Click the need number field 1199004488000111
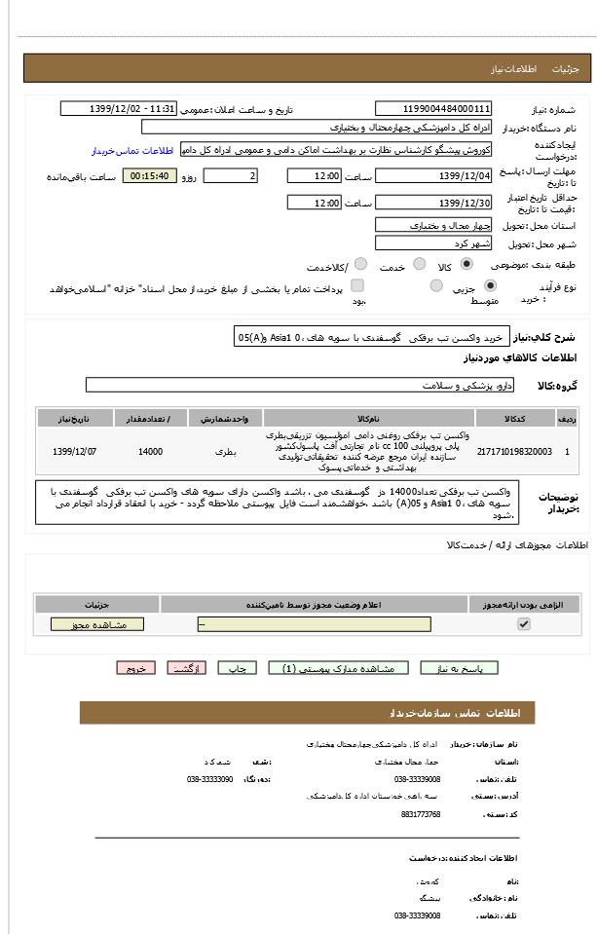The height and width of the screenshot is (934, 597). [433, 109]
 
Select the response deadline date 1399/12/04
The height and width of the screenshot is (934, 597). [433, 176]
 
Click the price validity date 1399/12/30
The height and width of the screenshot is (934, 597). [433, 203]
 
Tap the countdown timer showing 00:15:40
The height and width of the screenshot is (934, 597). [149, 176]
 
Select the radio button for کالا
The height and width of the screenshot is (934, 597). [466, 264]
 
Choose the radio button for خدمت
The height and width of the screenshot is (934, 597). [420, 264]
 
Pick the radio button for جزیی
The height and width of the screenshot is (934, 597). [489, 285]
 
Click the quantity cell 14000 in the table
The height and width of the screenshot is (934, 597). [151, 451]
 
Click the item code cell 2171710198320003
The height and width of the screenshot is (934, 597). [514, 451]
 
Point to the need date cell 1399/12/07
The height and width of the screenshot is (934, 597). [75, 451]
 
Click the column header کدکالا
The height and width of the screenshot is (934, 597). [514, 419]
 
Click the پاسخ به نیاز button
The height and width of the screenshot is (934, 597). [460, 668]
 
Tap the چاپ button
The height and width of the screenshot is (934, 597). [237, 668]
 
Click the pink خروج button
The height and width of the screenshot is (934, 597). [135, 668]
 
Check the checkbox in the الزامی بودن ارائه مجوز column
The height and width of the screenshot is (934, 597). [524, 624]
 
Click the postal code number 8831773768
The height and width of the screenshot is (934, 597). [421, 814]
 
